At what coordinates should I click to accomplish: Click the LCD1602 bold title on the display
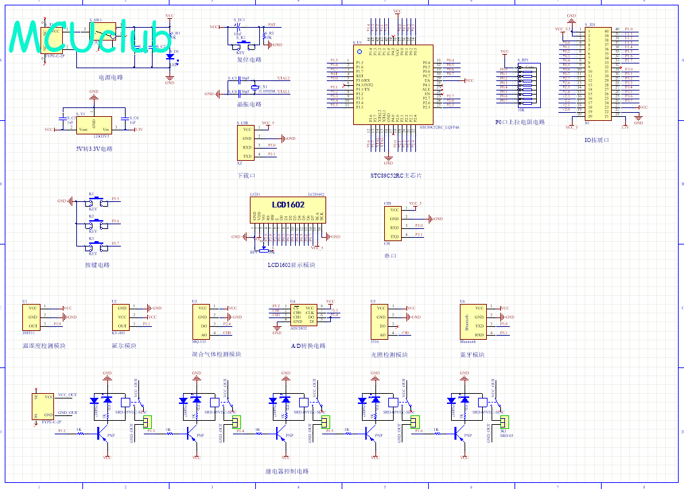coord(288,205)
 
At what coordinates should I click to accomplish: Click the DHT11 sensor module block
coord(32,317)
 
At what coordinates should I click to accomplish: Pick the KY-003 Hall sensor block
coord(122,317)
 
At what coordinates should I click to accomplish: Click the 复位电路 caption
coord(248,60)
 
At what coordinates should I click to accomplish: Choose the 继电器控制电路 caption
coord(287,471)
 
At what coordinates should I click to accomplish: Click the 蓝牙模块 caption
coord(473,355)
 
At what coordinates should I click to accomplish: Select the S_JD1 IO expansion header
coord(598,74)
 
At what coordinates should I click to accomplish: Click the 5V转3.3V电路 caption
coord(95,148)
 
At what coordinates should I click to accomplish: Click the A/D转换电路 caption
coord(308,346)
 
